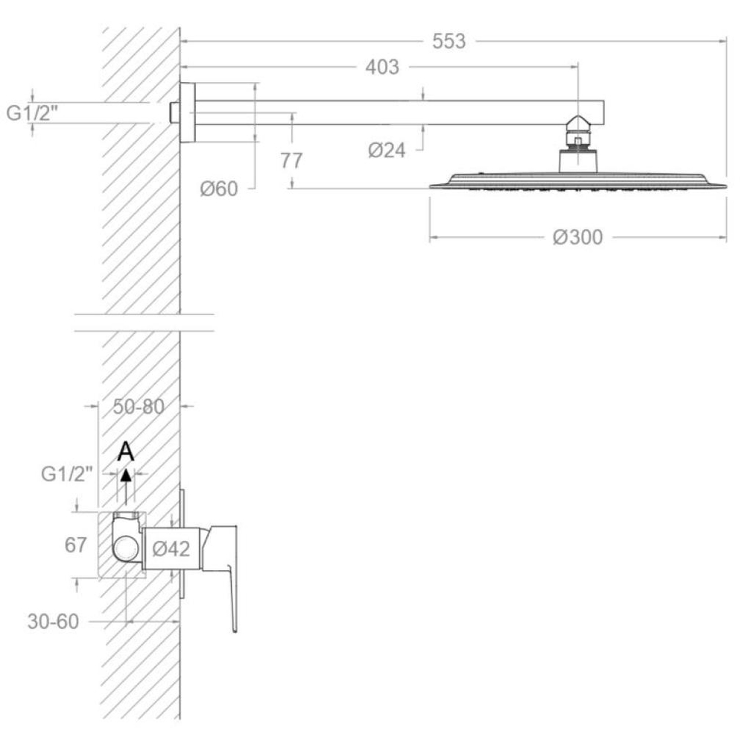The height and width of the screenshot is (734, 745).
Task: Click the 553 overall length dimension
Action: tap(448, 42)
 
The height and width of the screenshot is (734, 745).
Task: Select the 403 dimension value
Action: tap(382, 67)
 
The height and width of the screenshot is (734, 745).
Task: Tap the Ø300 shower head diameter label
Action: tap(578, 237)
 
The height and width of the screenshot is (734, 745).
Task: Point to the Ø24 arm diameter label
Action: tap(387, 151)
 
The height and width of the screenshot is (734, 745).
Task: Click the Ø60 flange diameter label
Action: tap(218, 189)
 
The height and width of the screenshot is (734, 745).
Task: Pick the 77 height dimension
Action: tap(291, 160)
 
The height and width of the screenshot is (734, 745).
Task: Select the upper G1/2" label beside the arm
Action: tap(32, 113)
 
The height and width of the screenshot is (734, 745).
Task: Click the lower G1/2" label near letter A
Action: tap(67, 474)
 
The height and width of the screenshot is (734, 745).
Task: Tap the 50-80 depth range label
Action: tap(139, 406)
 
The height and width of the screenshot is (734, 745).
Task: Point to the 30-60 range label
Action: tap(53, 621)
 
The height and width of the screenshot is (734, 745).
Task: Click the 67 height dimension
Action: tap(75, 545)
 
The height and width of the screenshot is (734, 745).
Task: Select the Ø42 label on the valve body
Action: tap(171, 548)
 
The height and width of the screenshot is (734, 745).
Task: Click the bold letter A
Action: tap(126, 451)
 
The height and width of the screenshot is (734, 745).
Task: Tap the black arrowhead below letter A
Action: tap(126, 475)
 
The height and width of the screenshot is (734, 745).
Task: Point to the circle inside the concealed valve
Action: tap(127, 548)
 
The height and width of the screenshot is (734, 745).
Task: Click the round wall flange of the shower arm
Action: tap(188, 113)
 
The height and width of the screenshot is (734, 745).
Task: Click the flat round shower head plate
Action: tap(578, 182)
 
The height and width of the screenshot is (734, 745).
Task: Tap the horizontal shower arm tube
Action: tap(399, 113)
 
